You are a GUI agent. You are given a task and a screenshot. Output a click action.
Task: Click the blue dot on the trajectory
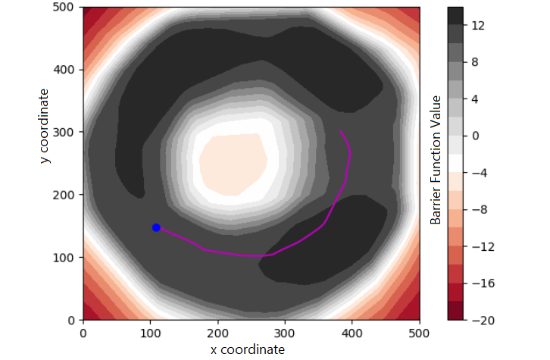156,227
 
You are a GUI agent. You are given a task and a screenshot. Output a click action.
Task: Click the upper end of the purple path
340,132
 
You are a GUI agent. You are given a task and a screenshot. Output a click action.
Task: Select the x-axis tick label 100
150,332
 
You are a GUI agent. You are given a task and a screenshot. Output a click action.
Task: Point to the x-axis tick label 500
419,332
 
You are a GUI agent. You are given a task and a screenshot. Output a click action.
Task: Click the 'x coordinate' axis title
248,349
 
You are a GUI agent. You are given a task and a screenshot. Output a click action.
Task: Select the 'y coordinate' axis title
45,127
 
